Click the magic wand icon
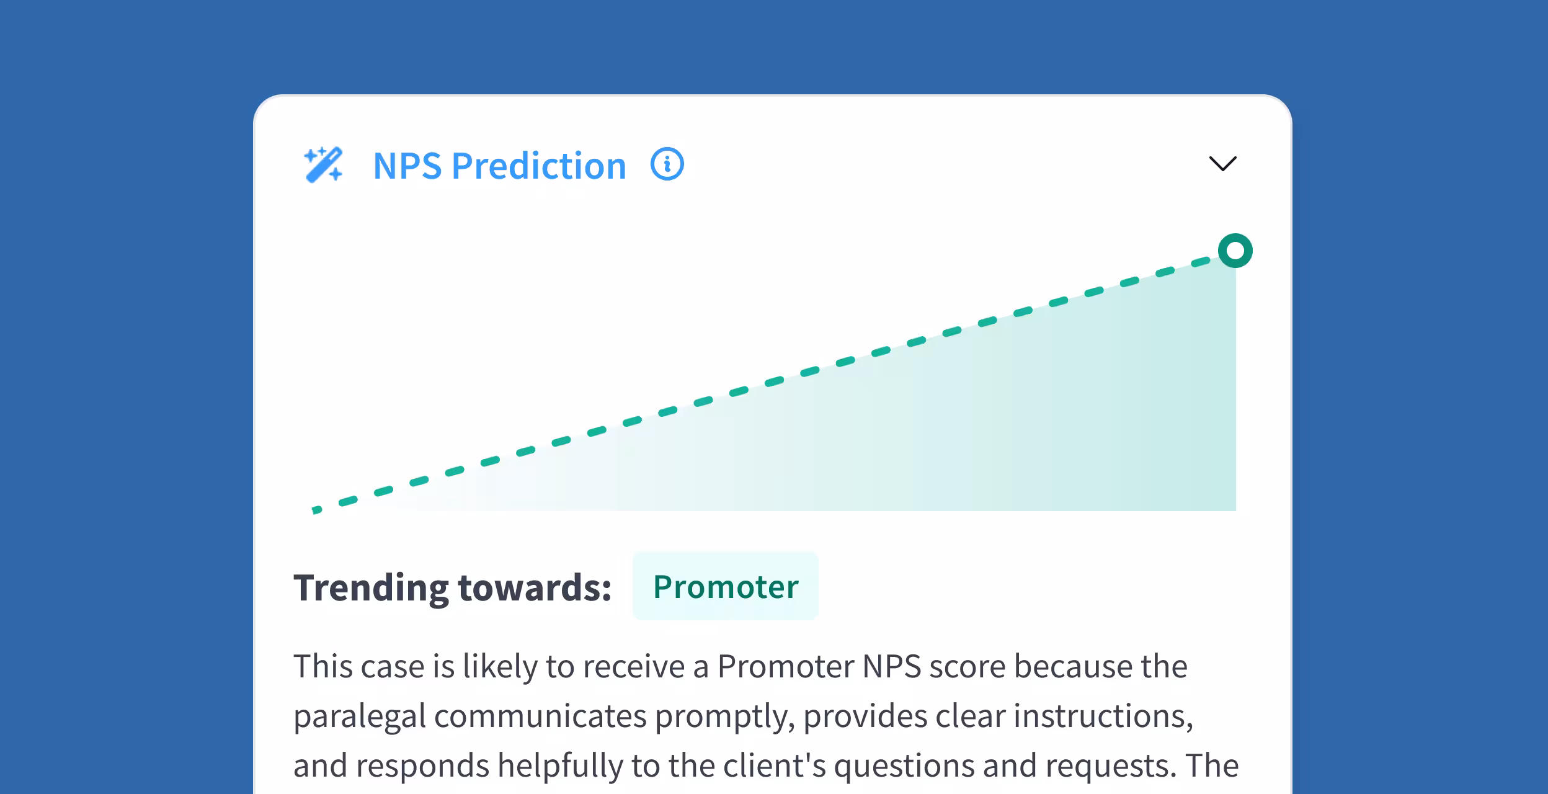[x=323, y=165]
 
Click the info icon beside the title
[x=667, y=164]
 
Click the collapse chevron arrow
[x=1222, y=164]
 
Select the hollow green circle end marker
[x=1235, y=251]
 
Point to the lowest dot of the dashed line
[x=316, y=510]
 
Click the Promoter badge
[x=725, y=586]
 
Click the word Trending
[x=370, y=587]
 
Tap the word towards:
[x=535, y=587]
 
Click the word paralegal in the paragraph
[x=359, y=716]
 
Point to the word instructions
[x=1103, y=716]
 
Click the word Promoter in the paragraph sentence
[x=785, y=667]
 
